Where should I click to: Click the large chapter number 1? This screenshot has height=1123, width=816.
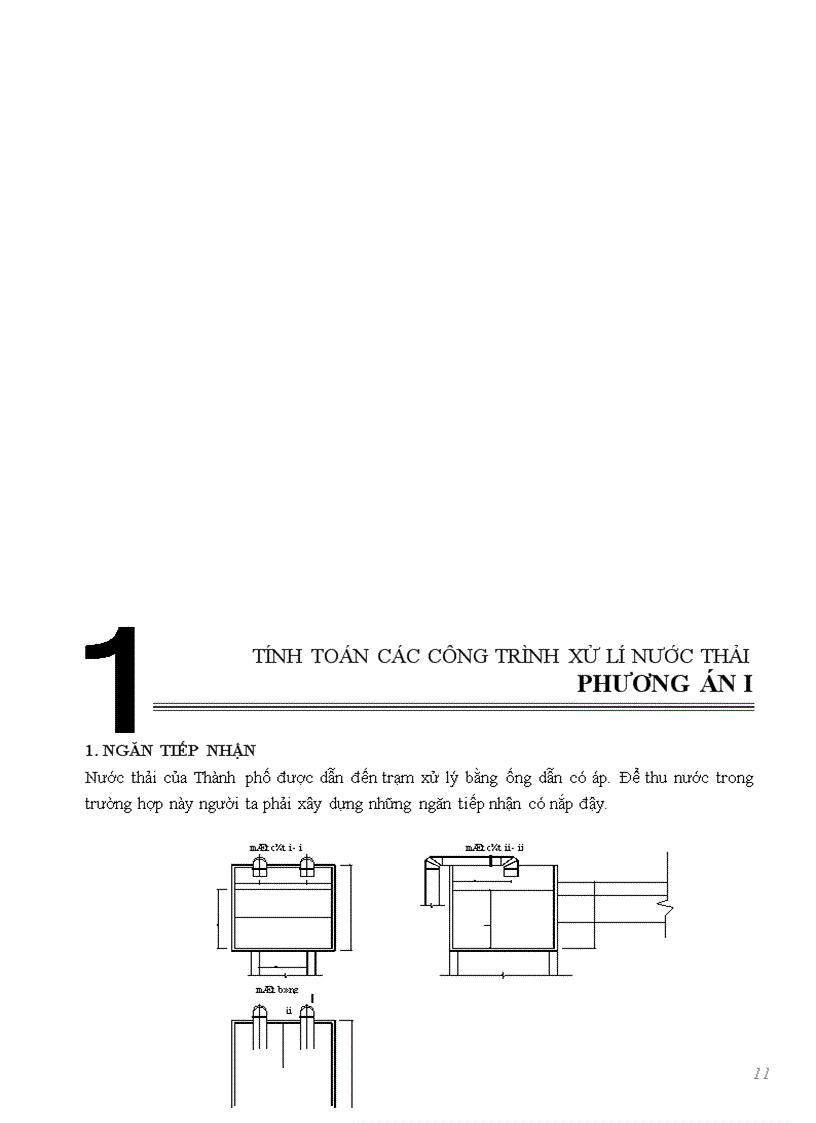coord(113,680)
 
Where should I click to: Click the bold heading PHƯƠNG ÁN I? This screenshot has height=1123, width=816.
coord(665,684)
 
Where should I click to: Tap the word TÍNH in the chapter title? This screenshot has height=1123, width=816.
coord(275,656)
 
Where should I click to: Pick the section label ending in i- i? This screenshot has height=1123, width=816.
coord(276,847)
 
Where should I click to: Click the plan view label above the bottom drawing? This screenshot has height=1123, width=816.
coord(269,988)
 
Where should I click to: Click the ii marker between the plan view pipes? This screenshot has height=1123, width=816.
coord(289,1010)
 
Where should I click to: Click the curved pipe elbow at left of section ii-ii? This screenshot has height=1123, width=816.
coord(435,866)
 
